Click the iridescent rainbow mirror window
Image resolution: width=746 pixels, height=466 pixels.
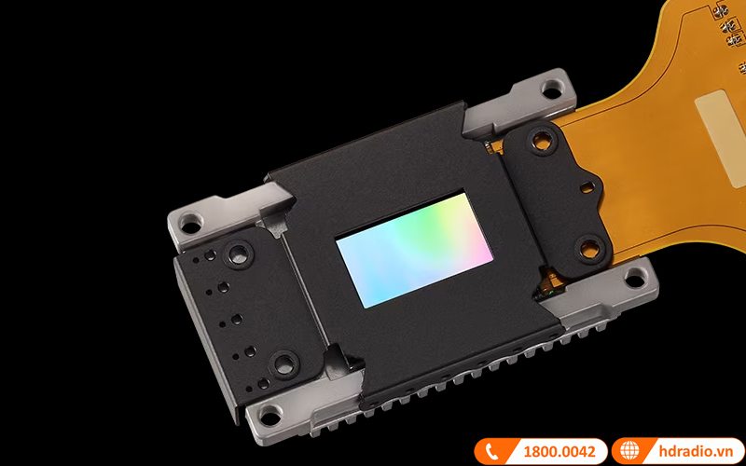pos(414,250)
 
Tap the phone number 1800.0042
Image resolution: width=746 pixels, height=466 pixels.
pos(559,451)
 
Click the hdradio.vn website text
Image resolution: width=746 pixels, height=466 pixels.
pos(696,451)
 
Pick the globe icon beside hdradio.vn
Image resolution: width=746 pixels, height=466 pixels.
pos(629,451)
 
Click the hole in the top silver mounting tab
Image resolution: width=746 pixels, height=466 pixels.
pos(552,89)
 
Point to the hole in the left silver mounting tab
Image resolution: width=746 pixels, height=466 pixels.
pos(191,224)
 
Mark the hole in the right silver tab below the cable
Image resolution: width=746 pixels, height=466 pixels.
pos(636,279)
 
